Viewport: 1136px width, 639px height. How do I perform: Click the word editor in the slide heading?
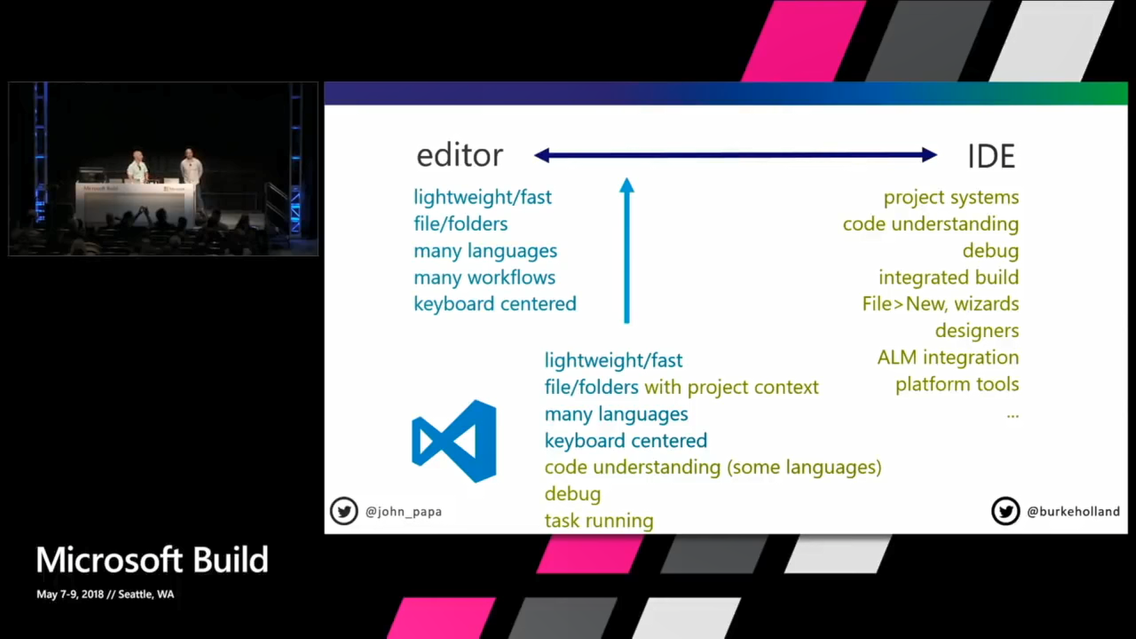[x=460, y=156]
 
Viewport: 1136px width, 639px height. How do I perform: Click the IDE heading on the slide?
[x=991, y=157]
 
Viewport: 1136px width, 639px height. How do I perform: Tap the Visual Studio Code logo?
[x=454, y=441]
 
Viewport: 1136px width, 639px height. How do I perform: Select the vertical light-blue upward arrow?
[x=627, y=251]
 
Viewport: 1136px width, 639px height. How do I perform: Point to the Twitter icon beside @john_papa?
[x=344, y=511]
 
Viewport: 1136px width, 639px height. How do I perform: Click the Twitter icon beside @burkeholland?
[x=1005, y=511]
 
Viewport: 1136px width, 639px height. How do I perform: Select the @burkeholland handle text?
[x=1073, y=512]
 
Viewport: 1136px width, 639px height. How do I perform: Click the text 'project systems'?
[x=951, y=197]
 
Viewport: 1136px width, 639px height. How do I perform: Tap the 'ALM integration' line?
[x=948, y=357]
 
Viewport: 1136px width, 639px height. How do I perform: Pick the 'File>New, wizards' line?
[x=940, y=304]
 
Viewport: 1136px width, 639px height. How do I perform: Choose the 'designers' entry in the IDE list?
[x=977, y=331]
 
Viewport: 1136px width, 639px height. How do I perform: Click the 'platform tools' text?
[x=957, y=385]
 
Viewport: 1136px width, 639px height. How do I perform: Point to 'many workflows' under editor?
[x=485, y=277]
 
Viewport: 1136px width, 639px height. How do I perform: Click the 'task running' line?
[x=599, y=521]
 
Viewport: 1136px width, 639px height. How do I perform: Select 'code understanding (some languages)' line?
[x=713, y=467]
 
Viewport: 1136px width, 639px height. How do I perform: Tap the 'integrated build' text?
[x=948, y=277]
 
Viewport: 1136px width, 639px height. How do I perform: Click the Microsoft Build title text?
[x=153, y=560]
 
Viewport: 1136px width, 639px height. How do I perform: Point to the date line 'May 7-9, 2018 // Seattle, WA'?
[x=105, y=594]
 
